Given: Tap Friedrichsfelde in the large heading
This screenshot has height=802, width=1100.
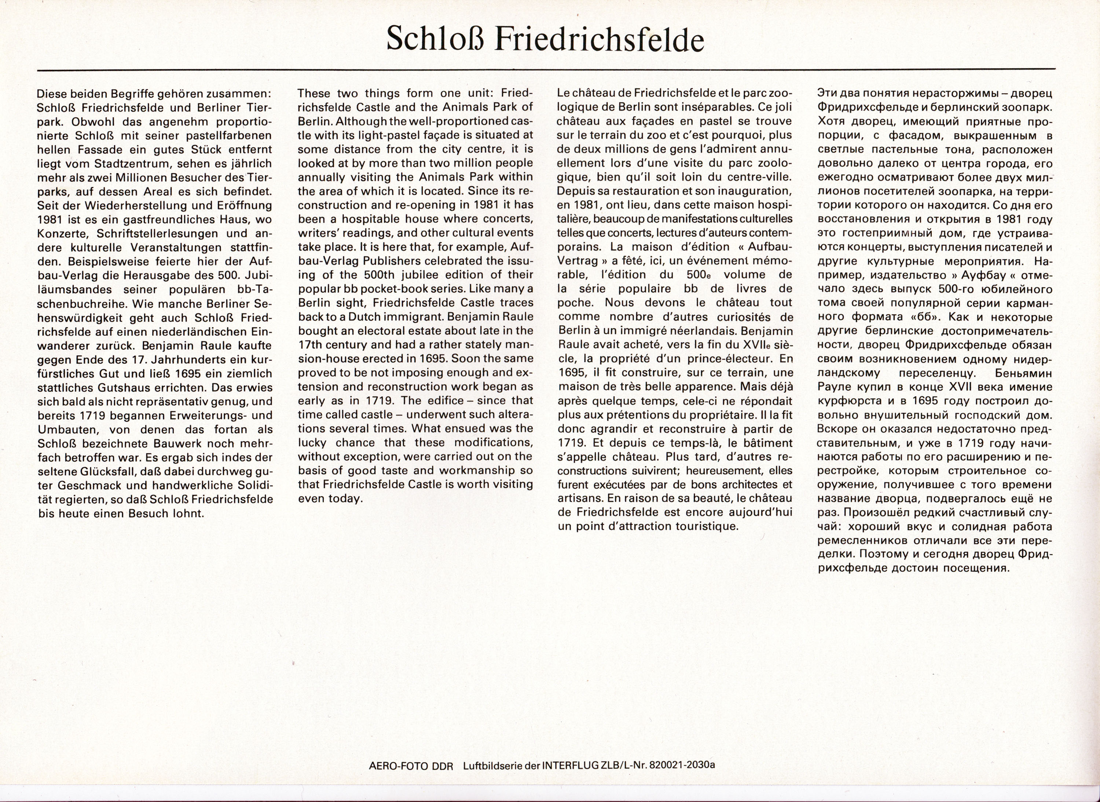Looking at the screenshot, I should (599, 39).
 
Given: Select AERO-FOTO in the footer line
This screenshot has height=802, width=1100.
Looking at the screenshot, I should (400, 766).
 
